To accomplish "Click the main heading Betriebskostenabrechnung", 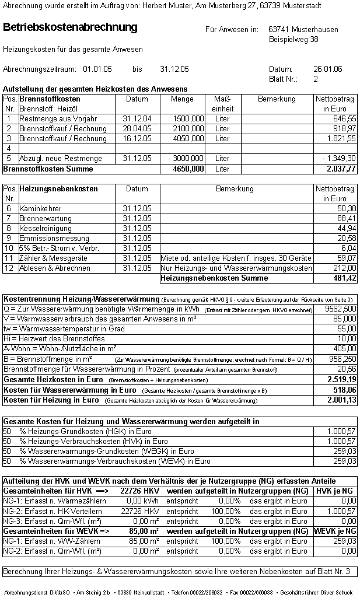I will click(x=70, y=27).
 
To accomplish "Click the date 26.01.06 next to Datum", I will click(x=328, y=69).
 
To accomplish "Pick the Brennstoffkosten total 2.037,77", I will click(x=341, y=169).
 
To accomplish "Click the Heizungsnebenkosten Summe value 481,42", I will click(x=343, y=278).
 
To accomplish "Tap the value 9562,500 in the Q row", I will click(x=341, y=309).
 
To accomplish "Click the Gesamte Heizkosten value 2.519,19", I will click(x=341, y=379).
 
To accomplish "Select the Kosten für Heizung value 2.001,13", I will click(x=341, y=400).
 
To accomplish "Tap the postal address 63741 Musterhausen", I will click(x=303, y=29).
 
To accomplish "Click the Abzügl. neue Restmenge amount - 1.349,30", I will click(x=338, y=158).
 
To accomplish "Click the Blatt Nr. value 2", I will click(x=316, y=79).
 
